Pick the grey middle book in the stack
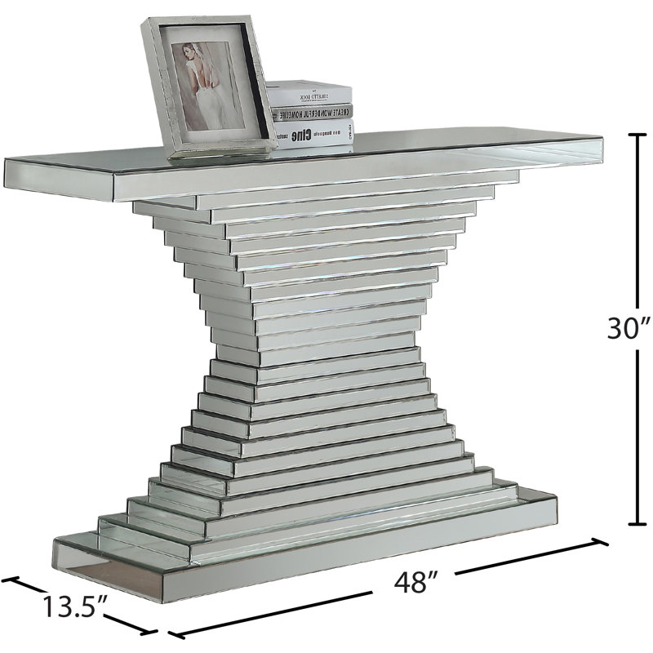click(313, 114)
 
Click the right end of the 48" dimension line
click(606, 541)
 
